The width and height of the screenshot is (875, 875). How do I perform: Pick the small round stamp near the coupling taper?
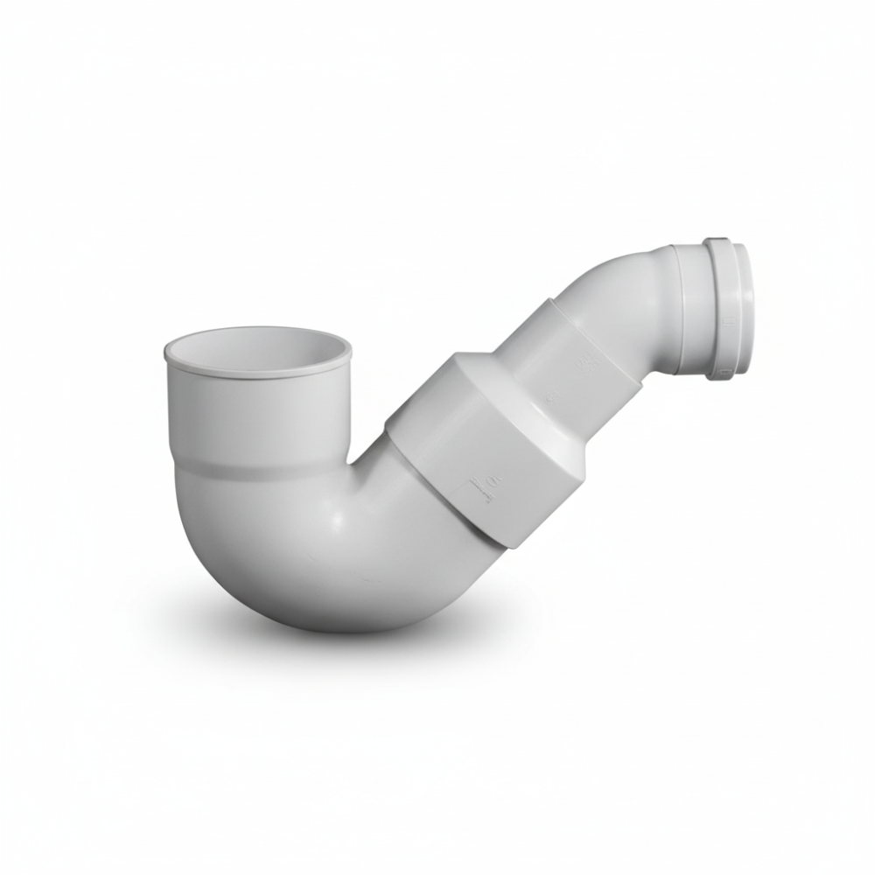549,398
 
